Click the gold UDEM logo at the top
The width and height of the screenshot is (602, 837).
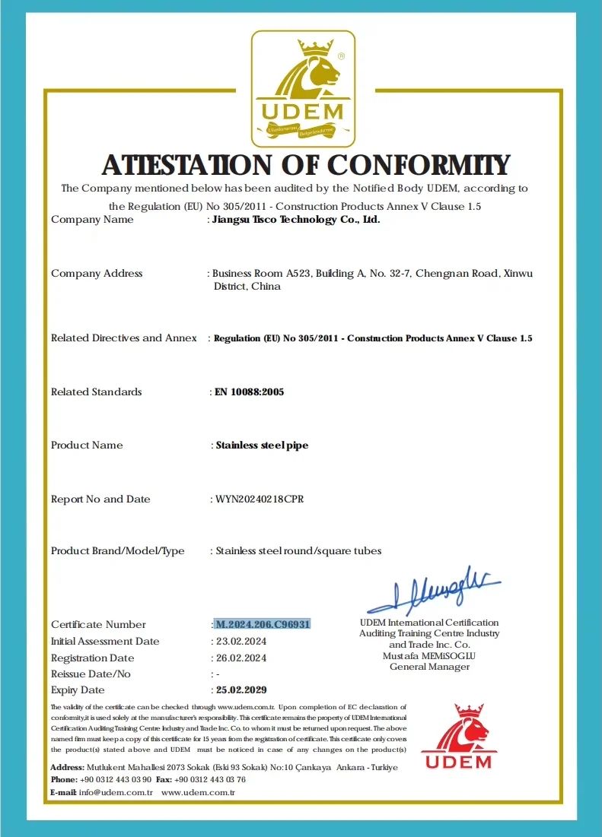tap(303, 88)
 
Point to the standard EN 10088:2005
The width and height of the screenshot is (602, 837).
tap(250, 392)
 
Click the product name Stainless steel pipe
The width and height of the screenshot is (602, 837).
tap(262, 445)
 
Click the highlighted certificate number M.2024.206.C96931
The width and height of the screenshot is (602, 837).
tap(263, 624)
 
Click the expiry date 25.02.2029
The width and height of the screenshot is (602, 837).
tap(241, 690)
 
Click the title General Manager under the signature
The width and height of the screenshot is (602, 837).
tap(429, 667)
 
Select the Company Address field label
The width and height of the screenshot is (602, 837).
tap(97, 274)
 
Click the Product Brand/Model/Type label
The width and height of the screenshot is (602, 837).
tap(117, 551)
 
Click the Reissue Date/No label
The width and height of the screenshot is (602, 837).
tap(91, 674)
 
